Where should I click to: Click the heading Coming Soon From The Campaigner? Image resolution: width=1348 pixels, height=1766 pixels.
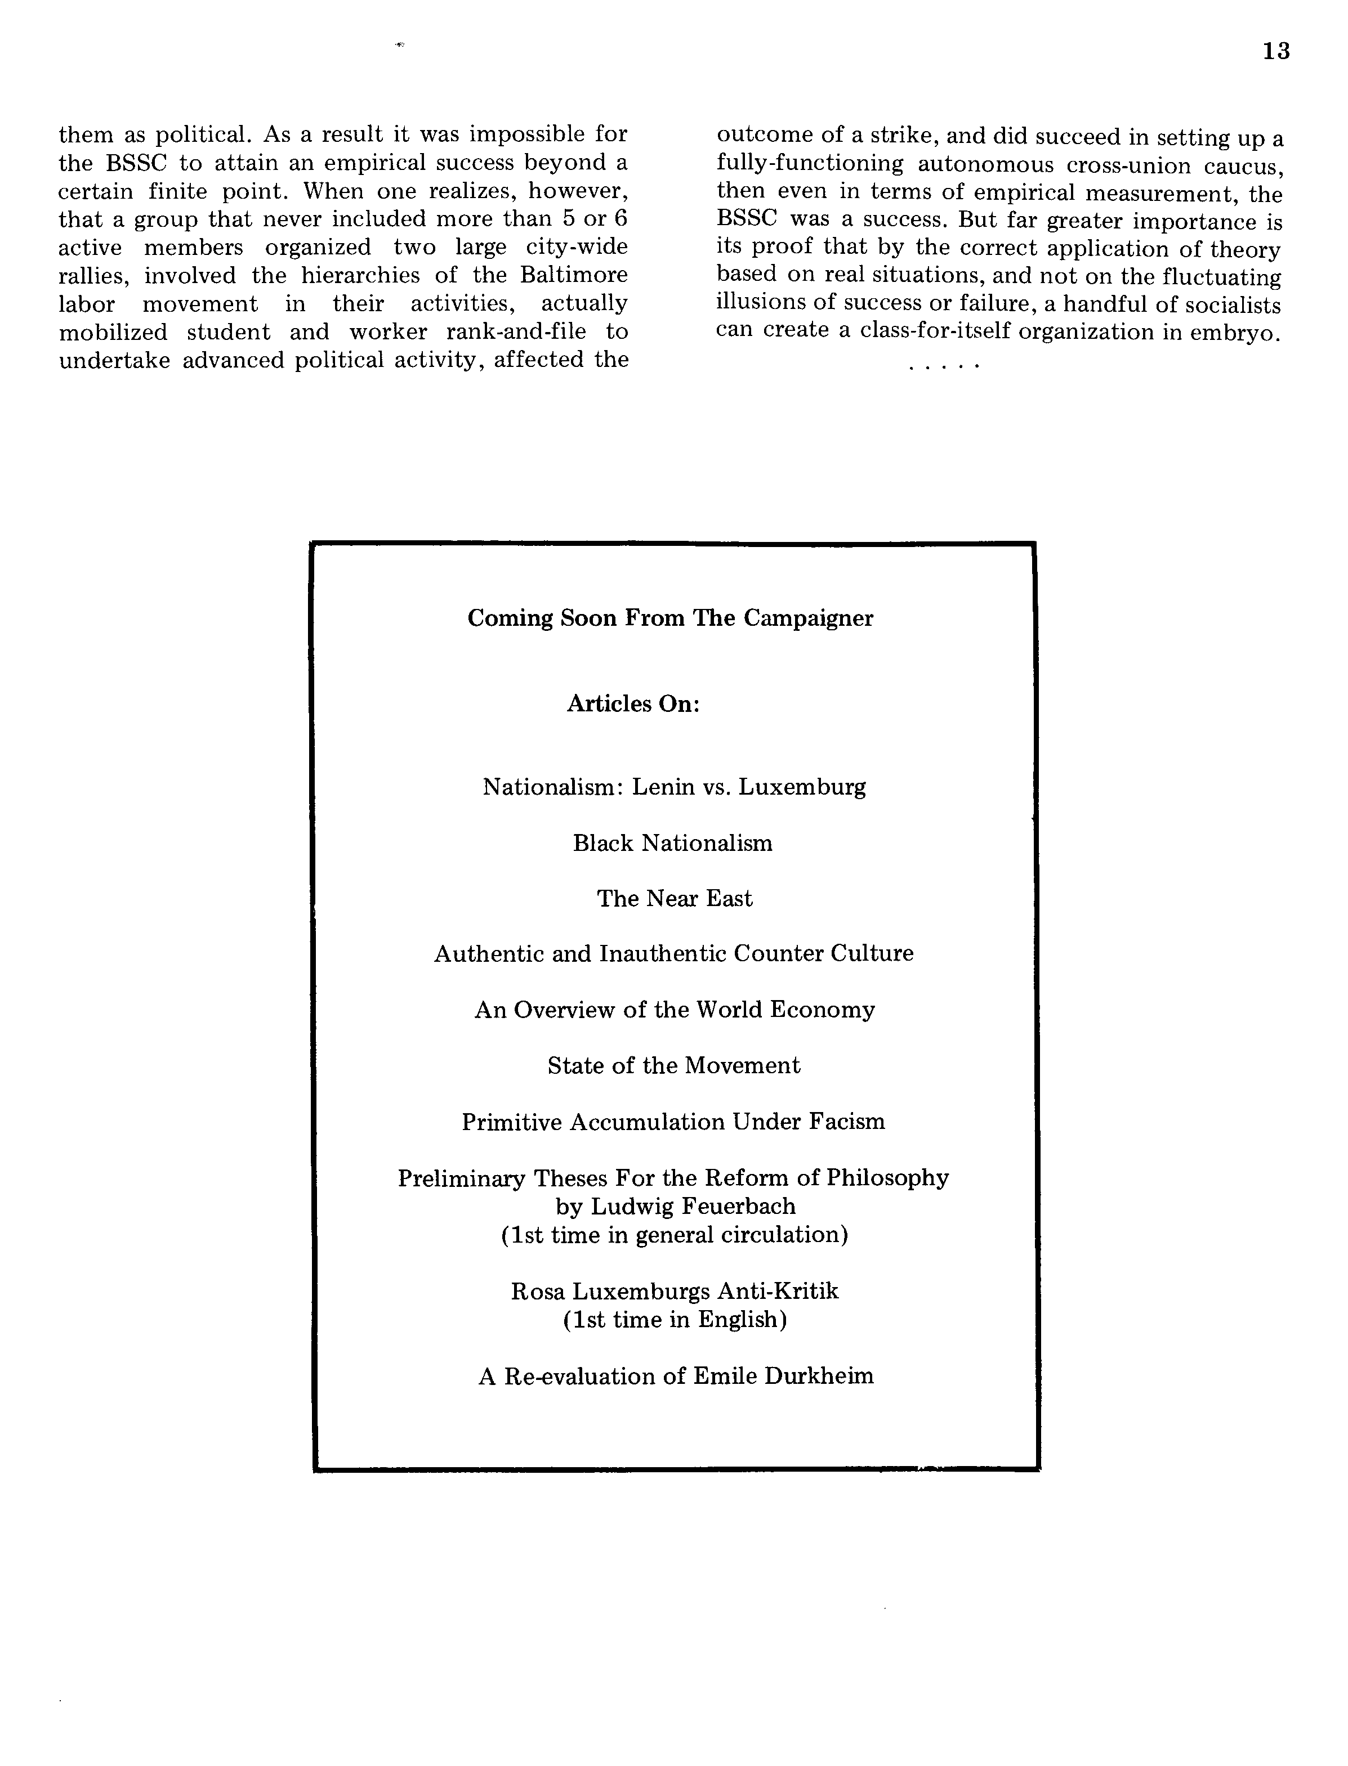670,618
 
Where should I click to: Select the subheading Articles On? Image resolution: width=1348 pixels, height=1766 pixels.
633,704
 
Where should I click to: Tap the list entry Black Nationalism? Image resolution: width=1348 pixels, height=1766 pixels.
672,844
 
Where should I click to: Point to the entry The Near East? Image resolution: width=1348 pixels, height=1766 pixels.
674,899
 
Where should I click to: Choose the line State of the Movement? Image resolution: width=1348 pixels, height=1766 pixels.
673,1066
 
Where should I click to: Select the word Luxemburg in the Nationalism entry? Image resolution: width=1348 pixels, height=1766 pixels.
802,787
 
